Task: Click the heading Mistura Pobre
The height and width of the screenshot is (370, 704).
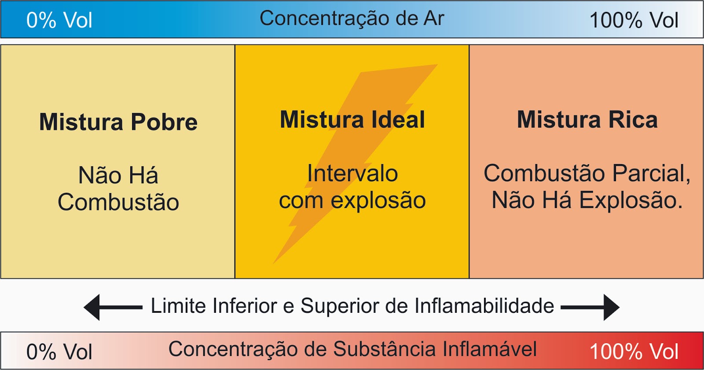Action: (118, 122)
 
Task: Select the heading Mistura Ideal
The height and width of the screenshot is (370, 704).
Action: (352, 120)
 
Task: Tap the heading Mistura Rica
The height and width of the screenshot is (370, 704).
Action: (587, 120)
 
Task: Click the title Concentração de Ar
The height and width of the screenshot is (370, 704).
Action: (352, 18)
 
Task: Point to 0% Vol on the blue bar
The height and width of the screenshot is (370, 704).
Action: (59, 20)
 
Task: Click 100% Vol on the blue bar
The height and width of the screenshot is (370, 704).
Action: (634, 20)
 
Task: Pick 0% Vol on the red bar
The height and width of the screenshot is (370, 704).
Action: (59, 352)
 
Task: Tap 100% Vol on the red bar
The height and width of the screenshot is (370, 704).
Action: (634, 352)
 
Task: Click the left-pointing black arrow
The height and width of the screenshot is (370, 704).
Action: (112, 307)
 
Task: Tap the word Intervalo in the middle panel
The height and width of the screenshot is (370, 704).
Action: (352, 173)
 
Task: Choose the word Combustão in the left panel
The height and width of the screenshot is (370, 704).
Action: (118, 202)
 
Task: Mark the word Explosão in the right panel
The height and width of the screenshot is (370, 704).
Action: (631, 200)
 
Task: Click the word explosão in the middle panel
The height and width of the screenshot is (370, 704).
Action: (378, 201)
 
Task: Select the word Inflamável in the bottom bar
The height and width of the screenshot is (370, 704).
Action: (489, 349)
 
